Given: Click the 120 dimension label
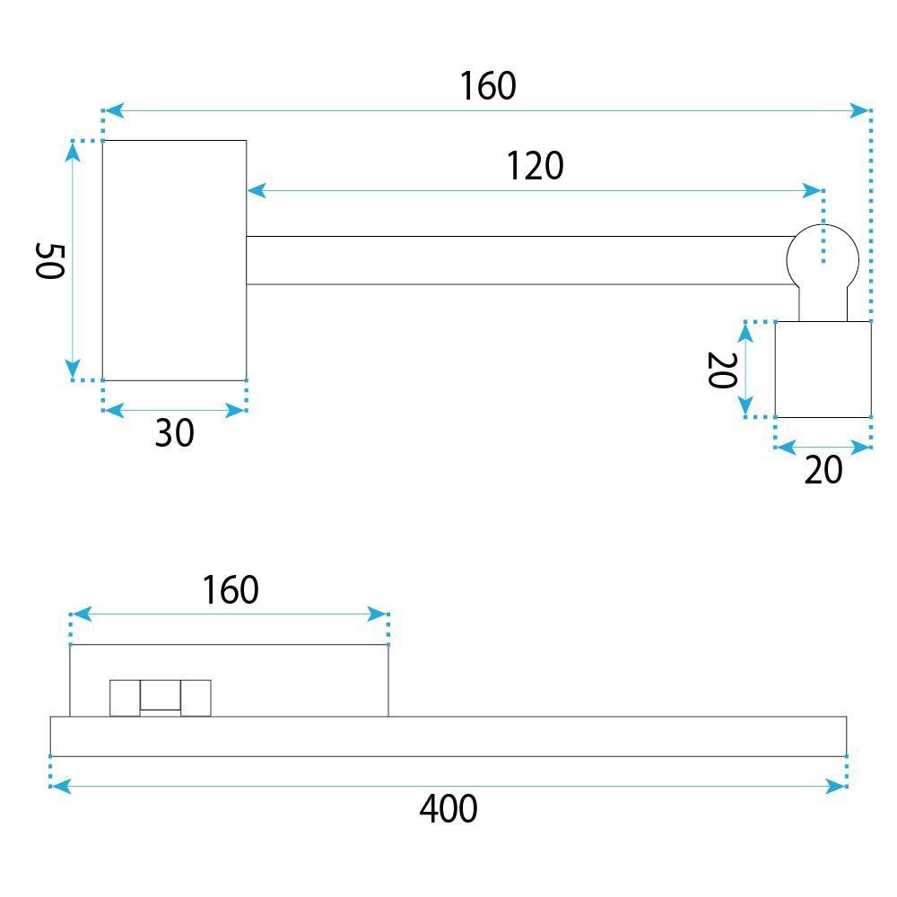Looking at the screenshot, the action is coord(535,166).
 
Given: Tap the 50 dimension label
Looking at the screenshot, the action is coord(49,261).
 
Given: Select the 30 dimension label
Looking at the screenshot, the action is coord(175,432).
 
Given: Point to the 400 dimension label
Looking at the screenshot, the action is coord(448,808).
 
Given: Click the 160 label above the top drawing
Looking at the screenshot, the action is coord(488,86).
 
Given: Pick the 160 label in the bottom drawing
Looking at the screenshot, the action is coord(231,590).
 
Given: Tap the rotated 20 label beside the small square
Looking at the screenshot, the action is coord(722,370).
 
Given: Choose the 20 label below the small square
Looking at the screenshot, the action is coord(823,470).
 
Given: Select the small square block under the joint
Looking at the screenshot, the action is coord(823,370).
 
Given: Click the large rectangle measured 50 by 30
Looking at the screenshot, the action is coord(175,260).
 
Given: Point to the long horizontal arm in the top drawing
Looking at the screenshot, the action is coord(518,260).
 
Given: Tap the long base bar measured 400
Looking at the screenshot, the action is coord(448,736).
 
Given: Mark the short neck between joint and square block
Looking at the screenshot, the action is coord(823,303).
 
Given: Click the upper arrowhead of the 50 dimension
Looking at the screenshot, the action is coord(72,151).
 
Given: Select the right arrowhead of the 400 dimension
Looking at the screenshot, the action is coord(836,786).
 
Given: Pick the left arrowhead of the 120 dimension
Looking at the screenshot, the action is coord(257,190).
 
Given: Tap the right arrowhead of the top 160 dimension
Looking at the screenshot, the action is coord(859,110).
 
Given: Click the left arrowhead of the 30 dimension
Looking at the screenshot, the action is coord(114,410).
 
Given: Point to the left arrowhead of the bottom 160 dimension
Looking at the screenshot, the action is coord(82,614).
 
